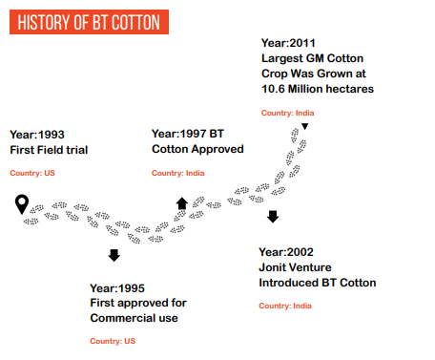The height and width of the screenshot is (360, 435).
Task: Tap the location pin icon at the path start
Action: (x=23, y=202)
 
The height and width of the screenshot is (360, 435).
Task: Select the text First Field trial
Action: (x=49, y=150)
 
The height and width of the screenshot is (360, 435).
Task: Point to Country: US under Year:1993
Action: (x=34, y=173)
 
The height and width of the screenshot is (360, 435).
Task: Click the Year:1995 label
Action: (x=117, y=287)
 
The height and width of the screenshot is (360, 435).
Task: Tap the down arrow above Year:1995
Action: (x=114, y=255)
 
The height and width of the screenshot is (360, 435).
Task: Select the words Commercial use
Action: (x=134, y=317)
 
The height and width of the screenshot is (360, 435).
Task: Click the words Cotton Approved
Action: (x=197, y=149)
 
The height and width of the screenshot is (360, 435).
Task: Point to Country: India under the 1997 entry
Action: (x=178, y=173)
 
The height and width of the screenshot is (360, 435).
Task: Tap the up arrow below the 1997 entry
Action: (x=181, y=202)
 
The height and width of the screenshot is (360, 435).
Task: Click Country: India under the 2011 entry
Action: (x=287, y=113)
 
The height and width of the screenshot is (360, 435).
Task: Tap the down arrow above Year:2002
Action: (x=272, y=218)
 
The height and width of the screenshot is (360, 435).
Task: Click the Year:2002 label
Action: (x=286, y=252)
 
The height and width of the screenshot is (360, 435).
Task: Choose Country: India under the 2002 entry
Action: (x=285, y=306)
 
